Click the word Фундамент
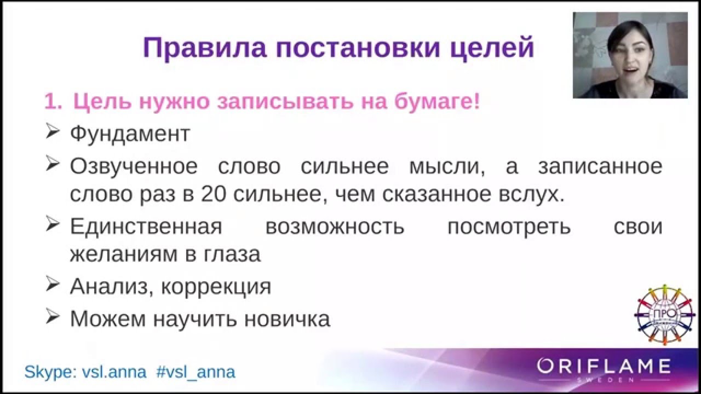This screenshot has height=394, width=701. [x=130, y=134]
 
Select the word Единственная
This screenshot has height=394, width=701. [x=146, y=227]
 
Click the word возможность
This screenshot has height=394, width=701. [x=335, y=227]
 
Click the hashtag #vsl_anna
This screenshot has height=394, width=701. [x=196, y=372]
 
